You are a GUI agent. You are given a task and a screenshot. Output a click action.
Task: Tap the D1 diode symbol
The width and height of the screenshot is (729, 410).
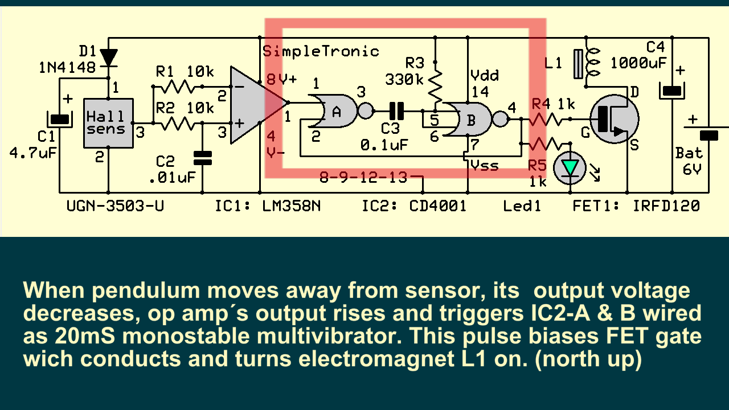pos(108,57)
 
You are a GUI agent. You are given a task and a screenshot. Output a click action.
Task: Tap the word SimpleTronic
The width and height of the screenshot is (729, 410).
pos(321,51)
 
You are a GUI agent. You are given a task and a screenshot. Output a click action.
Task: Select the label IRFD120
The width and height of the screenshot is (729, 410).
pos(666,206)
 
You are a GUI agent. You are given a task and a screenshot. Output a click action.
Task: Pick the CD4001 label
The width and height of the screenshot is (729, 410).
pos(437,206)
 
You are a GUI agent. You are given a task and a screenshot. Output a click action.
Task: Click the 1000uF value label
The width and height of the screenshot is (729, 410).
pos(638,62)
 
